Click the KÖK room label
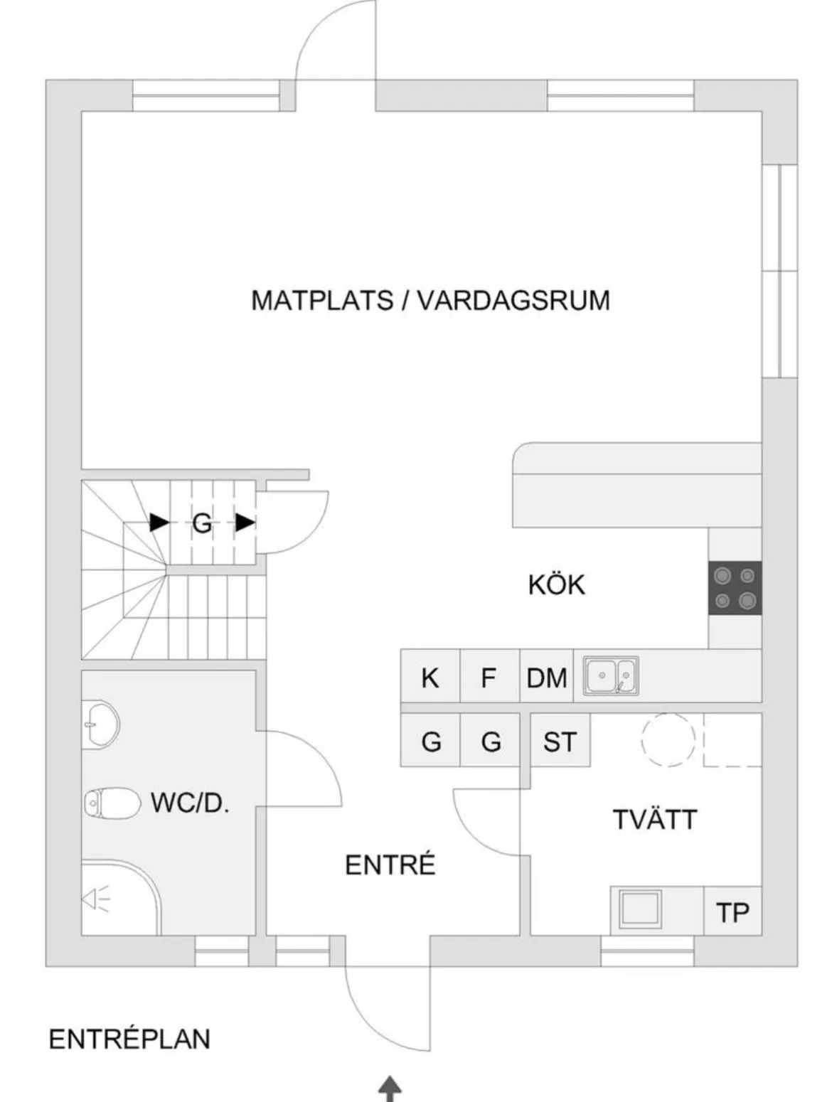[x=556, y=585]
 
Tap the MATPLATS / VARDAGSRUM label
[x=430, y=300]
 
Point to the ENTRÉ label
[x=390, y=865]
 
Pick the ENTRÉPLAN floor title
[x=129, y=1039]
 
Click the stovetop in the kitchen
[x=735, y=588]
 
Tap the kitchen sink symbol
[x=611, y=675]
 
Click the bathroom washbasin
[x=100, y=725]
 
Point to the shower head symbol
[x=96, y=899]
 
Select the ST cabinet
[x=560, y=741]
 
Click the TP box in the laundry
[x=733, y=911]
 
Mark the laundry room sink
[x=640, y=910]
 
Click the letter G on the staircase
[x=202, y=524]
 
